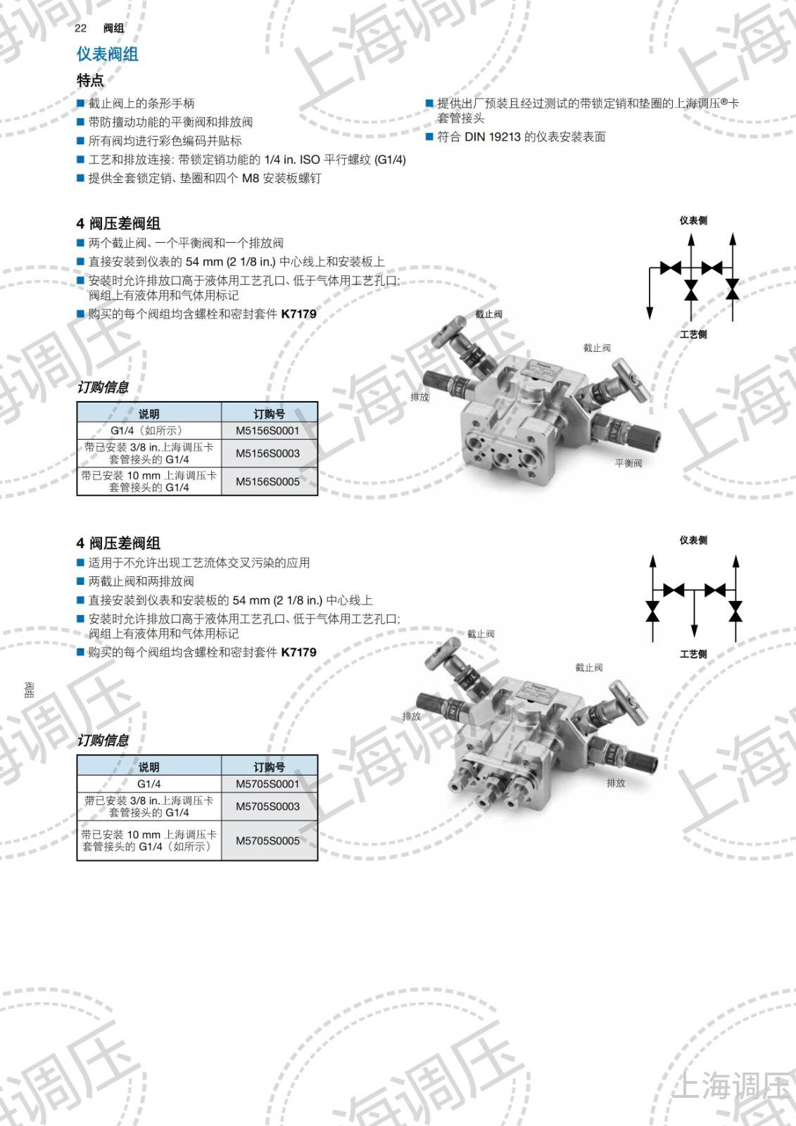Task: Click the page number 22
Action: coord(80,28)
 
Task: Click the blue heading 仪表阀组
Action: coord(107,54)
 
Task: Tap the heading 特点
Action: coord(90,80)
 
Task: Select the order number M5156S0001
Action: coord(267,431)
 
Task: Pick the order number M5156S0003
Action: coord(267,453)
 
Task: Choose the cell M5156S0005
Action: coord(267,481)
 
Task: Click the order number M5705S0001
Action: coord(267,784)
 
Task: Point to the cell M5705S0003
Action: coord(267,806)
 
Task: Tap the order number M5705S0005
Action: coord(267,840)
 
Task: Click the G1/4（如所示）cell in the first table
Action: coord(149,431)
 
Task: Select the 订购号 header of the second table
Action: coord(269,767)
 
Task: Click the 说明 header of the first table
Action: coord(149,414)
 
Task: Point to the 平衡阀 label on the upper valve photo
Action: coord(628,463)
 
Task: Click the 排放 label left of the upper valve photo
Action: coord(419,397)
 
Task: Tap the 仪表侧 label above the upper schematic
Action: coord(693,220)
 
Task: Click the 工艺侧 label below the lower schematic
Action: coord(693,654)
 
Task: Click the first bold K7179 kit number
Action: coord(298,314)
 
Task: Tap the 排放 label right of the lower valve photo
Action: coord(616,783)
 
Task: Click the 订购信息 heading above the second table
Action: coord(103,740)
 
